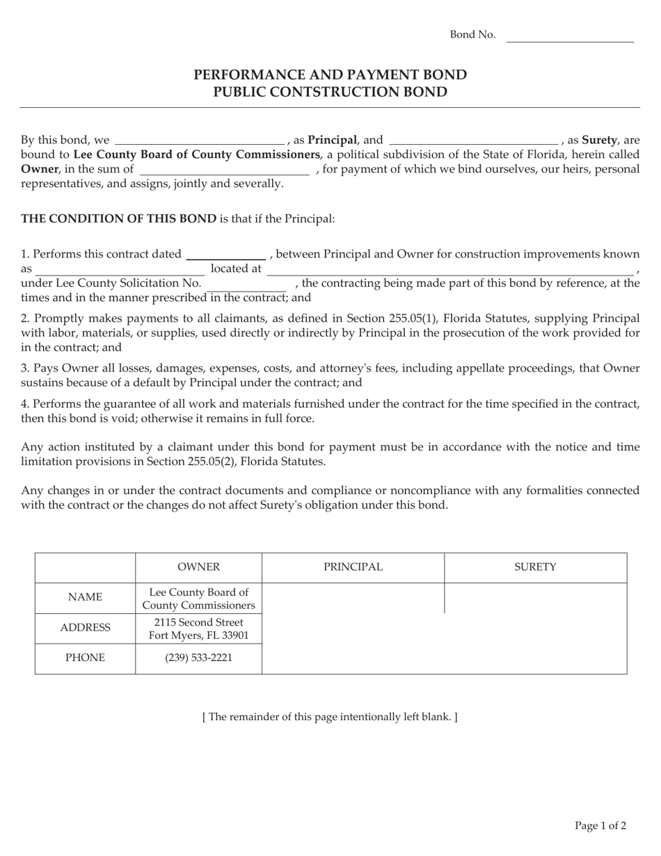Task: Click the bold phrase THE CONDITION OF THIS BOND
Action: click(118, 219)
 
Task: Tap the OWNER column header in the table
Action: click(198, 567)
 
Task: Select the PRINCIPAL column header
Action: click(353, 567)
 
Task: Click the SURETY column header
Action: click(535, 567)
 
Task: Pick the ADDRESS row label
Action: click(85, 628)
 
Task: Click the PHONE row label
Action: click(85, 658)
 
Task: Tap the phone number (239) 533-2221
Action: click(198, 658)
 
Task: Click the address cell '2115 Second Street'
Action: click(198, 622)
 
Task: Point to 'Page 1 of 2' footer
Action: click(600, 826)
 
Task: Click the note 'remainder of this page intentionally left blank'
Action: click(330, 717)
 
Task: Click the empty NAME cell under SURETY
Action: click(535, 598)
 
